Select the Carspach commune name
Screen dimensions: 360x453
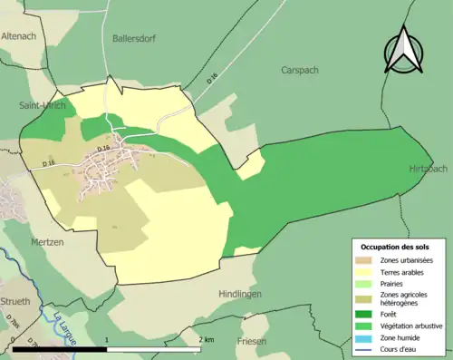click(x=301, y=70)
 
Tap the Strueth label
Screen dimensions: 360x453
click(x=15, y=301)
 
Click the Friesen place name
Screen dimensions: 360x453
click(x=252, y=342)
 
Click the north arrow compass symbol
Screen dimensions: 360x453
click(x=404, y=51)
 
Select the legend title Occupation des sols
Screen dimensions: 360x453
click(x=396, y=247)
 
